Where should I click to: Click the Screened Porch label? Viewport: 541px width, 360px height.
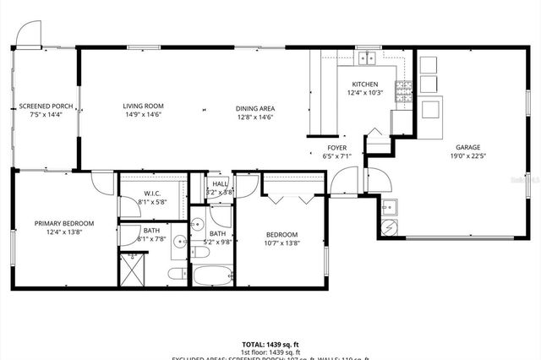tap(46, 106)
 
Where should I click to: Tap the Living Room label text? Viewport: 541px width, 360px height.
tap(142, 106)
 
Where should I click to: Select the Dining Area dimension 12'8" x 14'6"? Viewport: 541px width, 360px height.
tap(254, 117)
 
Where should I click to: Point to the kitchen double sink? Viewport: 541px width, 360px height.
tap(367, 58)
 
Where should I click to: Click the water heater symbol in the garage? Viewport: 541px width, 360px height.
tap(390, 228)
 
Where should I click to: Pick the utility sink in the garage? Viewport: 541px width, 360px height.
tap(390, 206)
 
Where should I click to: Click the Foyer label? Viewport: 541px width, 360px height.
tap(338, 146)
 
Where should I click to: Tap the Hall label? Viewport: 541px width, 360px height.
tap(220, 183)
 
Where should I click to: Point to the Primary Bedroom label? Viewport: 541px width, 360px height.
tap(64, 223)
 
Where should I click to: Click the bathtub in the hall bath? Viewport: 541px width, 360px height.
tap(212, 275)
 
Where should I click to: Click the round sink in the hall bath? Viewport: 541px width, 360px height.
tap(195, 224)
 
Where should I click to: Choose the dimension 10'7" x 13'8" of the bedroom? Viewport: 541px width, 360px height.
tap(281, 243)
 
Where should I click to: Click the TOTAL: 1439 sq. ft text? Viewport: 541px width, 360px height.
tap(270, 345)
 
